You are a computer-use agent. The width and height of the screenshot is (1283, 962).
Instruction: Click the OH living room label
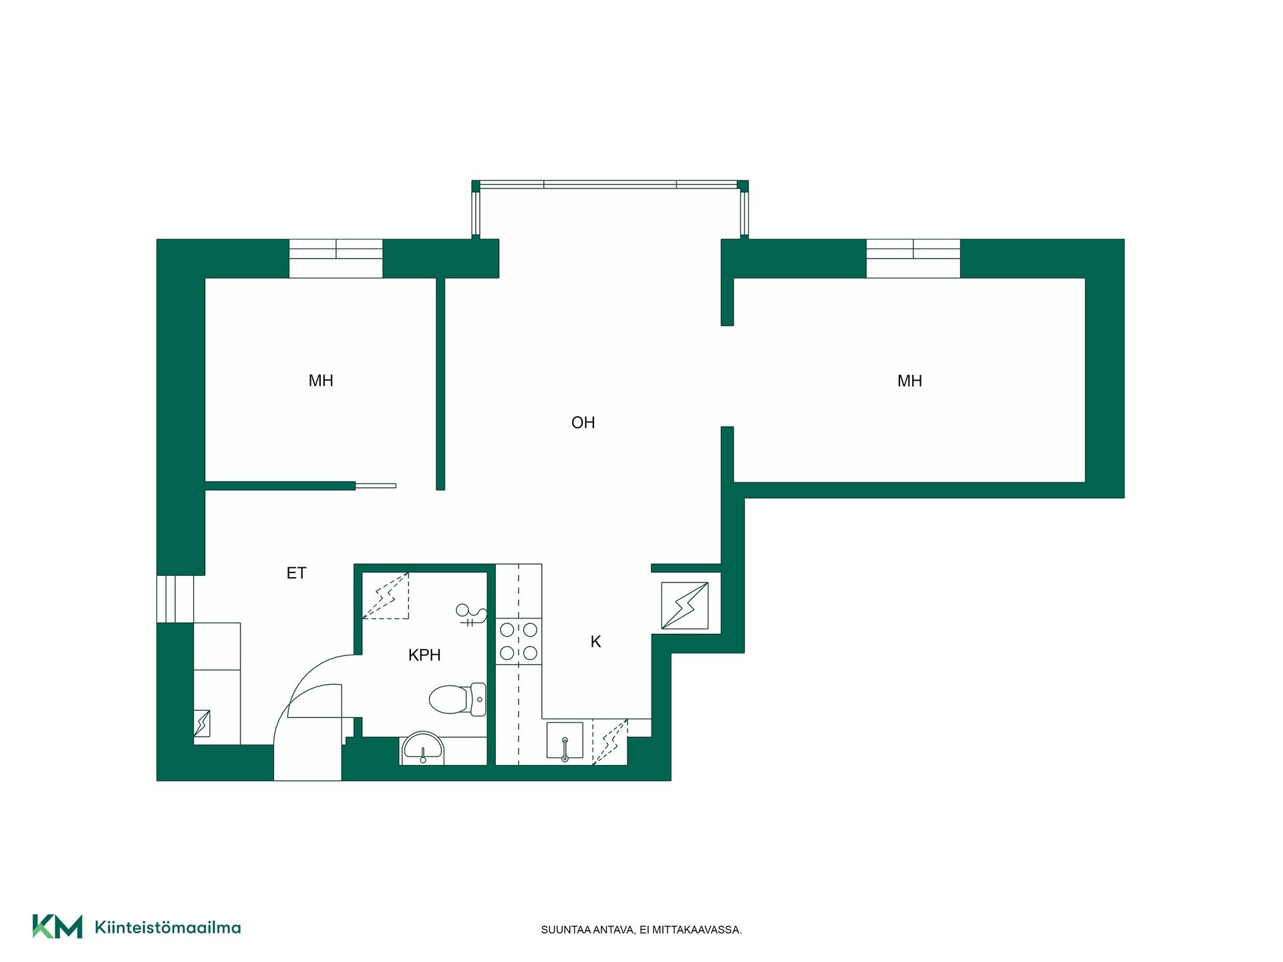pyautogui.click(x=583, y=422)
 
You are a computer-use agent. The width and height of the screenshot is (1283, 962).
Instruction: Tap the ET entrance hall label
pyautogui.click(x=296, y=573)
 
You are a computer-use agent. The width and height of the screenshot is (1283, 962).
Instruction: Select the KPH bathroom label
pyautogui.click(x=424, y=655)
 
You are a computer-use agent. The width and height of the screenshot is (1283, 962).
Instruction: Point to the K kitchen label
pyautogui.click(x=595, y=642)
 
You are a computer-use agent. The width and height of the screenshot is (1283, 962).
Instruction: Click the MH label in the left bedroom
pyautogui.click(x=321, y=381)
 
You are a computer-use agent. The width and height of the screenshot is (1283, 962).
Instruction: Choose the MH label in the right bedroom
pyautogui.click(x=909, y=381)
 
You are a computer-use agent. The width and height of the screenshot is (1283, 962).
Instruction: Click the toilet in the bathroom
pyautogui.click(x=458, y=699)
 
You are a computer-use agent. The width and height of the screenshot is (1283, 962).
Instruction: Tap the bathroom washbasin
pyautogui.click(x=423, y=749)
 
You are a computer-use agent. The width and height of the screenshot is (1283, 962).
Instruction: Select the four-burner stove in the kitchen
pyautogui.click(x=519, y=641)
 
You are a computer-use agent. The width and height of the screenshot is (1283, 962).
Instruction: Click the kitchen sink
pyautogui.click(x=565, y=741)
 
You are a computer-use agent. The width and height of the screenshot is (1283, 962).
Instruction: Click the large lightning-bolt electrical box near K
pyautogui.click(x=685, y=606)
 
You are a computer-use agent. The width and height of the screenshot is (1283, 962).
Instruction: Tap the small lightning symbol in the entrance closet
pyautogui.click(x=202, y=724)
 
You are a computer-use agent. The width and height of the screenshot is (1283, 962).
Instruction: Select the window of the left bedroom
pyautogui.click(x=335, y=258)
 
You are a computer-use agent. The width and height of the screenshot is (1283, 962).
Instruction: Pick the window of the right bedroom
pyautogui.click(x=913, y=258)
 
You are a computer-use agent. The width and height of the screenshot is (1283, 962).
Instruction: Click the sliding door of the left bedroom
pyautogui.click(x=376, y=486)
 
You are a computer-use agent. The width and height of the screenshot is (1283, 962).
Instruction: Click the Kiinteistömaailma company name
pyautogui.click(x=168, y=927)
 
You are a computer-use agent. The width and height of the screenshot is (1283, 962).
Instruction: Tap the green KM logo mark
pyautogui.click(x=57, y=927)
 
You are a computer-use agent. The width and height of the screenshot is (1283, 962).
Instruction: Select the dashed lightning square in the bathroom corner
pyautogui.click(x=386, y=596)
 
